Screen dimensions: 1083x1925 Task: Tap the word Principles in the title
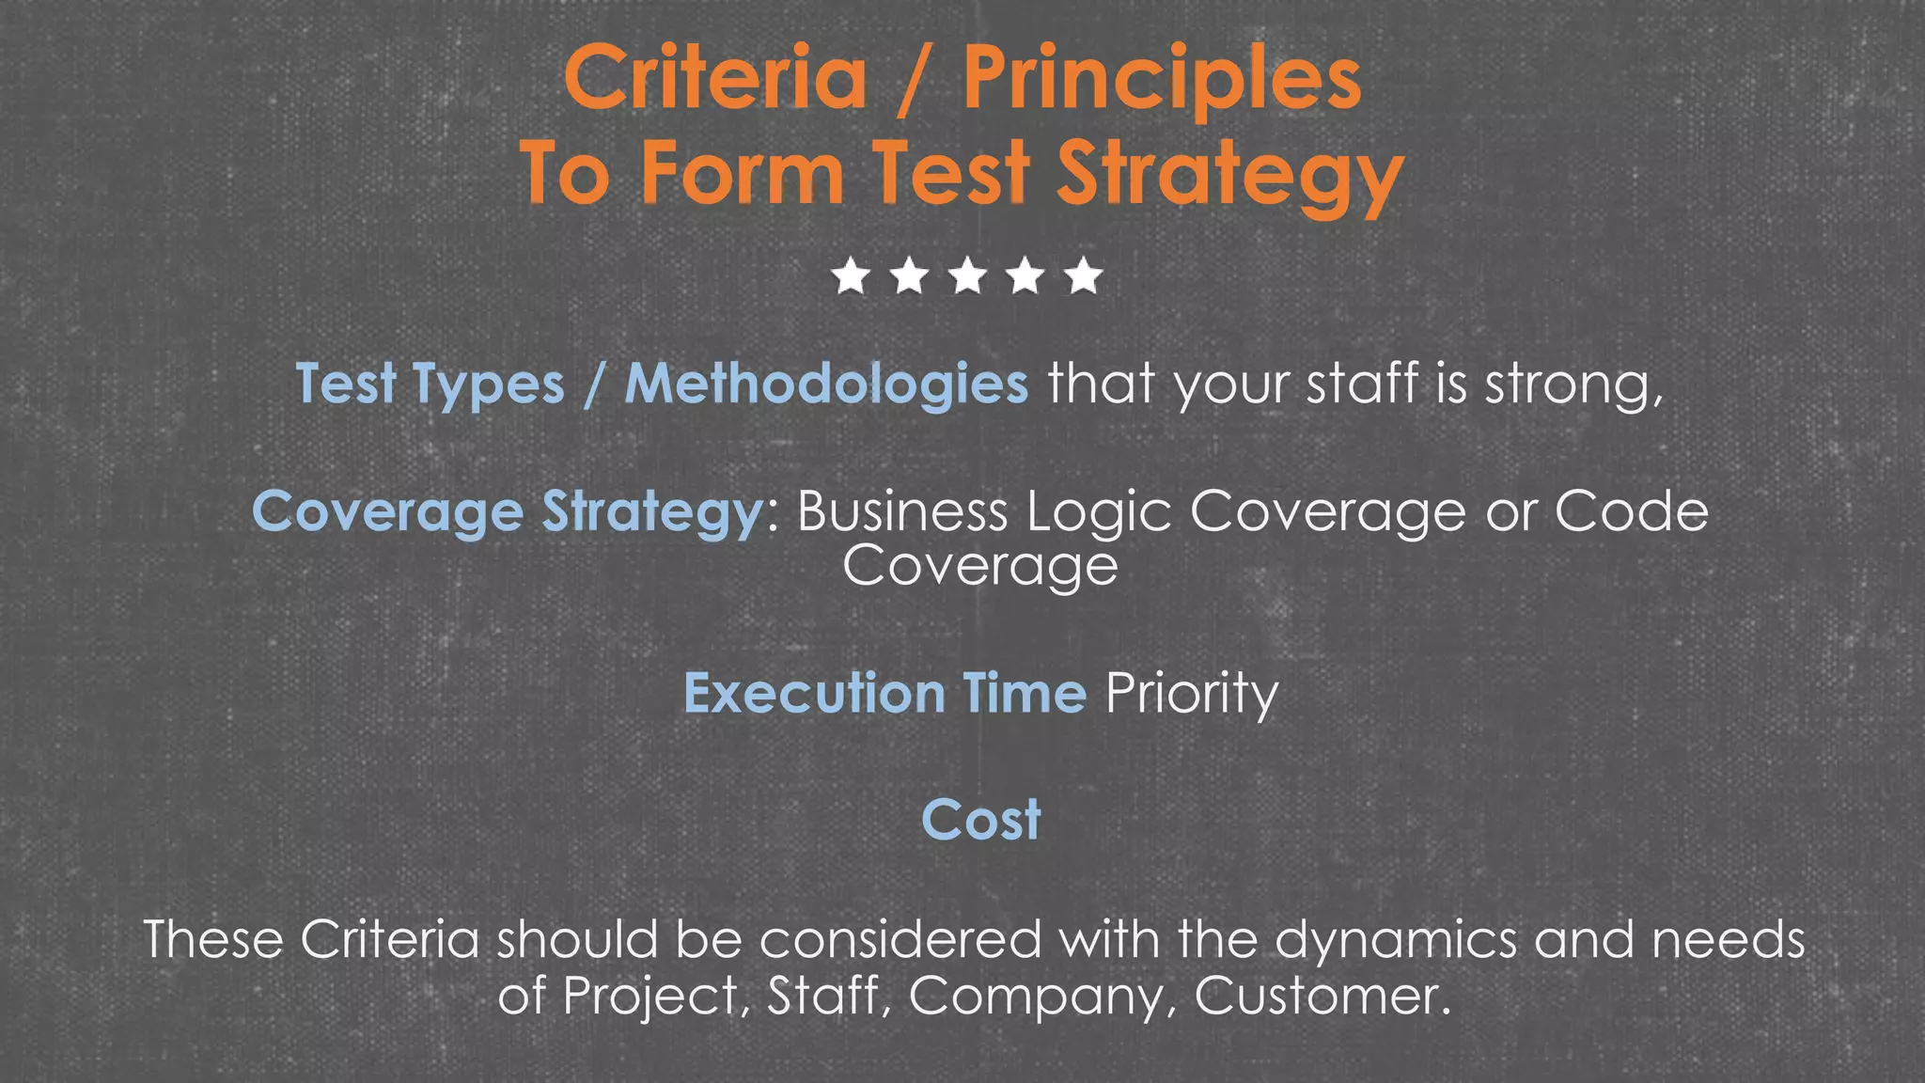point(1162,79)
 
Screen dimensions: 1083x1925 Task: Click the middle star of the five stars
point(967,276)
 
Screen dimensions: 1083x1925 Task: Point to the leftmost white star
point(851,276)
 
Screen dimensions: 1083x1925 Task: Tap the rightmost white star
point(1084,276)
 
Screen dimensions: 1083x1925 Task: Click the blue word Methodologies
point(826,385)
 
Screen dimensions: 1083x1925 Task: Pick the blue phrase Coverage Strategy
point(508,513)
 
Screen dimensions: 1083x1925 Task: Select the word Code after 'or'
point(1631,512)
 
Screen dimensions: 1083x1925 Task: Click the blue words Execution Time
point(884,694)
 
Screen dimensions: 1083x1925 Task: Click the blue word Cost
point(980,820)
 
